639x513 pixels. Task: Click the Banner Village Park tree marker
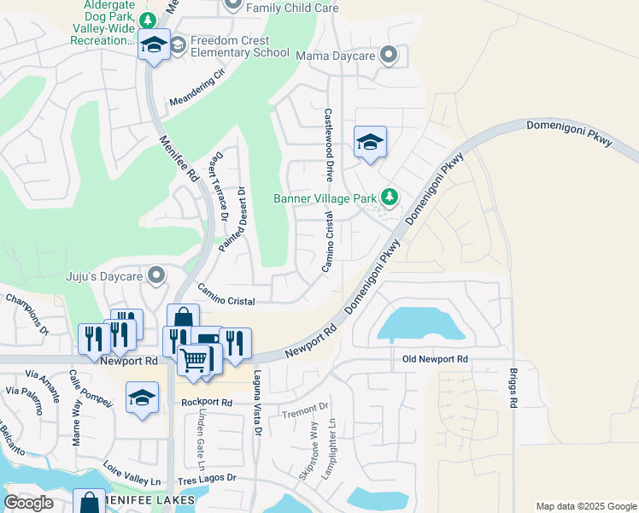coord(390,198)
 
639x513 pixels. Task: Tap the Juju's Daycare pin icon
coord(155,275)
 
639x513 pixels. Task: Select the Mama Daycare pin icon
coord(389,56)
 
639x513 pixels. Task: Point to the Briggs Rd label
coord(513,389)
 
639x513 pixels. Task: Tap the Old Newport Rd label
coord(436,360)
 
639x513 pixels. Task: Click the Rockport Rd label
coord(207,402)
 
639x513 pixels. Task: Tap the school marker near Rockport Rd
coord(143,398)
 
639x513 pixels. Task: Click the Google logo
coord(28,503)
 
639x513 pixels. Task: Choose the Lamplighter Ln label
coord(336,451)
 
